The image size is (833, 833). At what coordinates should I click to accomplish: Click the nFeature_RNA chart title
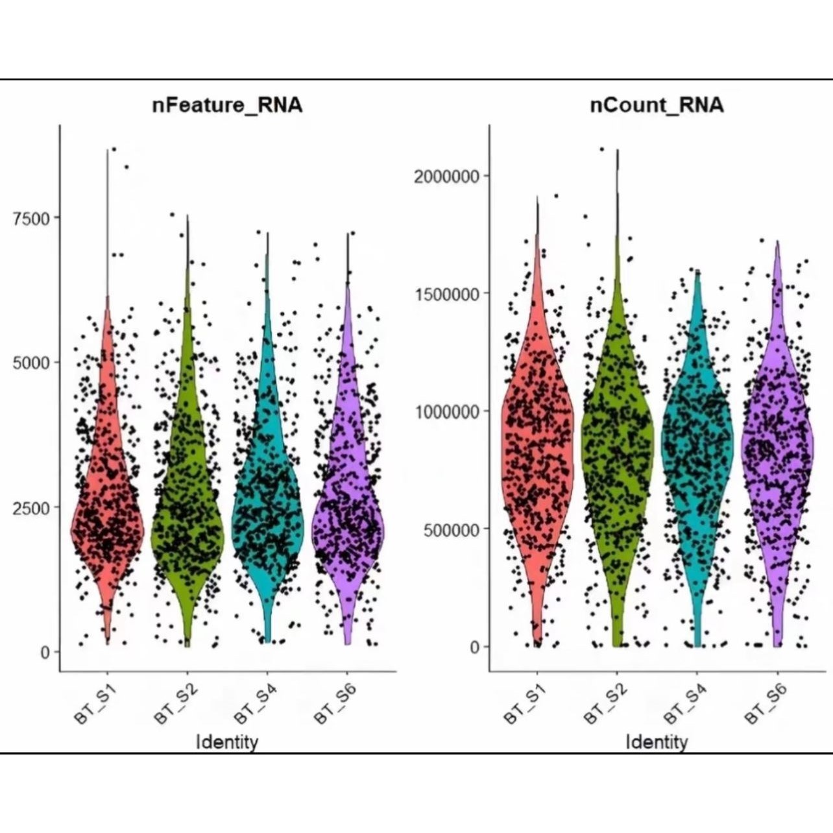[x=227, y=105]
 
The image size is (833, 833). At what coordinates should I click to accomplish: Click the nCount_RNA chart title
[x=657, y=105]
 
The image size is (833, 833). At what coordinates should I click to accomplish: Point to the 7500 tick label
[x=31, y=218]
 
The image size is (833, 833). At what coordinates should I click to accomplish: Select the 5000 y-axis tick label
[x=31, y=363]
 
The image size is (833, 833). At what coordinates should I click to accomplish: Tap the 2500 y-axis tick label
[x=31, y=507]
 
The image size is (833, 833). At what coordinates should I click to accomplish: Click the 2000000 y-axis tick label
[x=447, y=176]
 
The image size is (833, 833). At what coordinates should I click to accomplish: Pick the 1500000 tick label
[x=447, y=294]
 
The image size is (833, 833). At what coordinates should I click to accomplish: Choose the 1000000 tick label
[x=447, y=412]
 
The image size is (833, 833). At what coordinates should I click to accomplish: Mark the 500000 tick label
[x=451, y=529]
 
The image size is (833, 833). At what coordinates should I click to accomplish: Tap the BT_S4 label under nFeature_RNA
[x=255, y=705]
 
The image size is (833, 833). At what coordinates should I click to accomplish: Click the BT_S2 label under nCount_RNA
[x=605, y=705]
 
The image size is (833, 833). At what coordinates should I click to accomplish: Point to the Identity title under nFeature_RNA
[x=227, y=742]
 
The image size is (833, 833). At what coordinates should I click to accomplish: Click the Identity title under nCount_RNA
[x=657, y=742]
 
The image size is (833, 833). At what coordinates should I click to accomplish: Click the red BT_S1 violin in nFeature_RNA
[x=108, y=519]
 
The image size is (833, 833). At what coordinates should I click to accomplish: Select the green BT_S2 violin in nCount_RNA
[x=617, y=454]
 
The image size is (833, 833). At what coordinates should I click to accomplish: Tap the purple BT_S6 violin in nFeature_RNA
[x=348, y=519]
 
